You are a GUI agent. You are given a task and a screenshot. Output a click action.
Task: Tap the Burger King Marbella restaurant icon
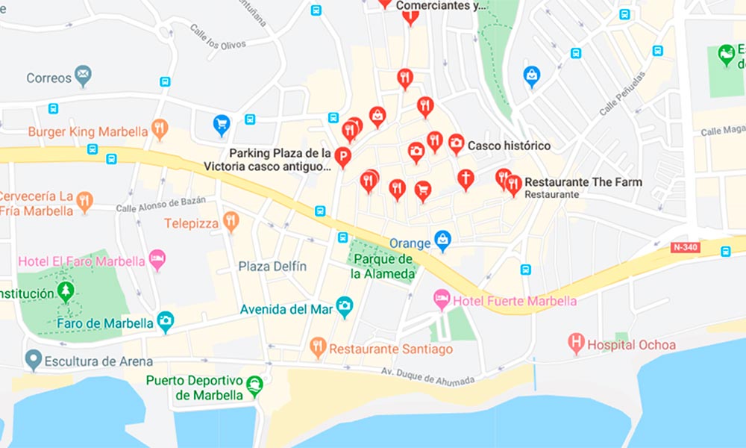click(159, 129)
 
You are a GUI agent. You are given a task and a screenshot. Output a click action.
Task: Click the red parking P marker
click(342, 157)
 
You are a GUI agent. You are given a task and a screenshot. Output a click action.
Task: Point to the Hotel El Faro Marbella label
click(81, 262)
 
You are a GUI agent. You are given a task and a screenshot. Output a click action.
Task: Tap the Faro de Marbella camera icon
click(165, 321)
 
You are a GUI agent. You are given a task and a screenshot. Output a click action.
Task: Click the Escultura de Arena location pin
click(32, 359)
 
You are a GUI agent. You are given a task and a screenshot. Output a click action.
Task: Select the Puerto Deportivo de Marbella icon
click(255, 385)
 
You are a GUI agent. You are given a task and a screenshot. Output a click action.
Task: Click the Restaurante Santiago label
click(391, 349)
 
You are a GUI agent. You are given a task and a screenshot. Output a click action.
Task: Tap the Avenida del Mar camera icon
click(344, 305)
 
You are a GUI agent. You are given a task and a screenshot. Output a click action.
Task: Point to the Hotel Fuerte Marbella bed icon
click(442, 299)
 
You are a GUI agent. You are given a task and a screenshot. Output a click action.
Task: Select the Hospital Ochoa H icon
click(575, 343)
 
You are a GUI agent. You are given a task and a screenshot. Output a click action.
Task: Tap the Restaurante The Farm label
click(583, 182)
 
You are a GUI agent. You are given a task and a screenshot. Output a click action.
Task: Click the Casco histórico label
click(509, 146)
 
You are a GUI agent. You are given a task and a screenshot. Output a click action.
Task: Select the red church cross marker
click(466, 178)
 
